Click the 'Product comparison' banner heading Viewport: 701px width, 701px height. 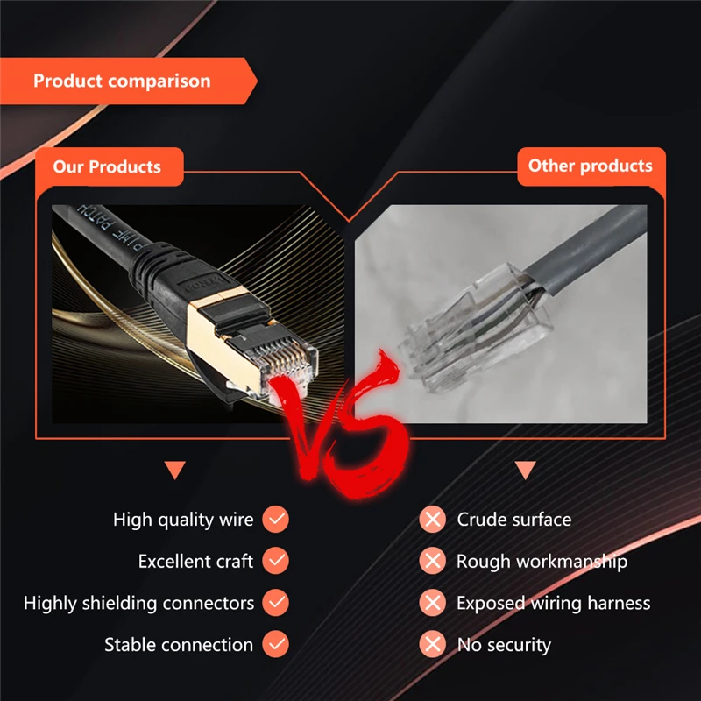coord(122,81)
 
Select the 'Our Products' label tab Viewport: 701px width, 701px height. coord(107,166)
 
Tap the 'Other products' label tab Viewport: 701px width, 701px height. coord(590,166)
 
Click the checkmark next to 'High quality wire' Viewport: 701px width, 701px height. coord(276,520)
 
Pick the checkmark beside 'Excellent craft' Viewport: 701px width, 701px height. coord(276,561)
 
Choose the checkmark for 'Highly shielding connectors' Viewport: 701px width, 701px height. coord(276,603)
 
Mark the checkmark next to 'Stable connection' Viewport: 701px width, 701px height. coord(276,645)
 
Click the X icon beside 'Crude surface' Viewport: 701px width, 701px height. coord(432,520)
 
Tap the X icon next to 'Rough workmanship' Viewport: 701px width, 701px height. coord(432,561)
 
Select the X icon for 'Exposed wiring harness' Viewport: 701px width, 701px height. coord(432,603)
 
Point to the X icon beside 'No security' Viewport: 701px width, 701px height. coord(432,645)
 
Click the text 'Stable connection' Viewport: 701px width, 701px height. coord(179,645)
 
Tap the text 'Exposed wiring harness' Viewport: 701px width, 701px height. coord(553,603)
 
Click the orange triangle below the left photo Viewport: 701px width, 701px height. coord(175,471)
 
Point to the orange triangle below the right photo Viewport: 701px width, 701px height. coord(526,471)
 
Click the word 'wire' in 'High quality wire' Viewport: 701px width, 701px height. coord(235,520)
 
